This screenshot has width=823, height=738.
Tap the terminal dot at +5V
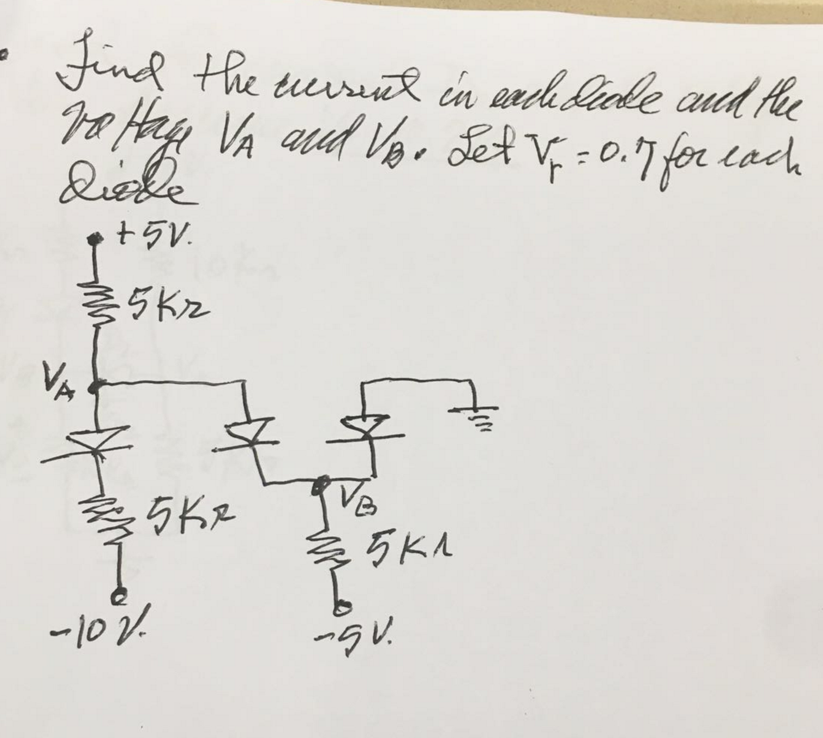point(93,239)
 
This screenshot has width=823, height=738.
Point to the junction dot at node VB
point(320,484)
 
